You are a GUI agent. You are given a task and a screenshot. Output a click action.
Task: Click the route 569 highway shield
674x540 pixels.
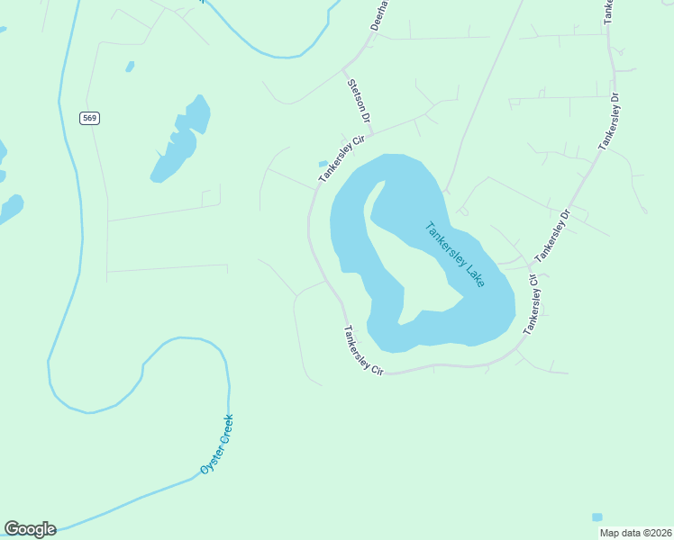(88, 118)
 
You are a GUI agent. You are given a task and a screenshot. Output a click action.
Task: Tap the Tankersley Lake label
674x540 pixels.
(455, 254)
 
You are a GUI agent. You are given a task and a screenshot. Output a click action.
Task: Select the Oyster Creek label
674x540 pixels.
(216, 444)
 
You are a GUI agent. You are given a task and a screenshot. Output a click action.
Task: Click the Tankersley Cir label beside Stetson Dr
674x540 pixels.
(332, 159)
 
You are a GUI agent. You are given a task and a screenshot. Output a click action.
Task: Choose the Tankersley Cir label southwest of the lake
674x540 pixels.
(362, 350)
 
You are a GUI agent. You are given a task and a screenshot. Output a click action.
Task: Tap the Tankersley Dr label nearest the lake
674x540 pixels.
(553, 236)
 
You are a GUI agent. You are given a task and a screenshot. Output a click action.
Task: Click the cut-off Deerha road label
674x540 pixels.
(378, 15)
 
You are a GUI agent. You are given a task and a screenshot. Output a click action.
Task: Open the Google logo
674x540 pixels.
(30, 529)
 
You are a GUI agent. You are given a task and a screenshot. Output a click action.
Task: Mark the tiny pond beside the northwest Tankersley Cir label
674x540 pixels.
(323, 164)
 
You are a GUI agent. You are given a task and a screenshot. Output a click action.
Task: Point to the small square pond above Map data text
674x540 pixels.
(597, 517)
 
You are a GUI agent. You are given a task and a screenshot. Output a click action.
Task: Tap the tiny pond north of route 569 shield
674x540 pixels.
(131, 67)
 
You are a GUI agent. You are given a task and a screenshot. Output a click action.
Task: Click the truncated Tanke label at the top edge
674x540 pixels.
(606, 9)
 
